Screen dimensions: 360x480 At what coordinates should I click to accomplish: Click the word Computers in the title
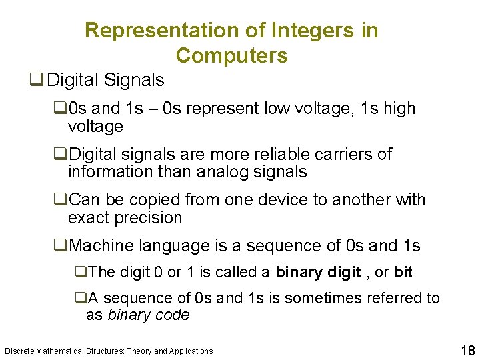[x=232, y=56]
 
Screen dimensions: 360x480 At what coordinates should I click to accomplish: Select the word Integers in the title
[x=306, y=31]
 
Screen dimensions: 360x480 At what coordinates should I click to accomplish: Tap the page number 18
[x=467, y=350]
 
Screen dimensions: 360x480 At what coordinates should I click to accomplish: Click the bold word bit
[x=403, y=272]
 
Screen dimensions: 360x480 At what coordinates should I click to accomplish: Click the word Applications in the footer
[x=191, y=351]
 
